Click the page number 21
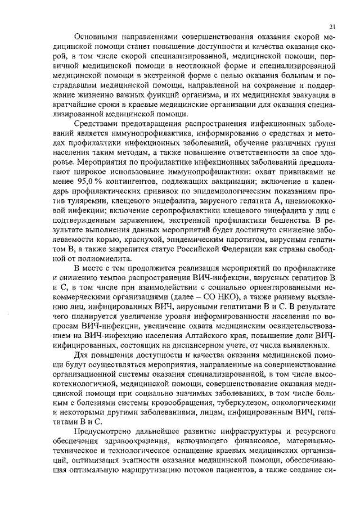332,26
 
